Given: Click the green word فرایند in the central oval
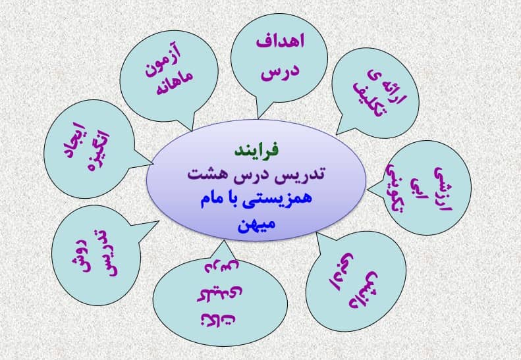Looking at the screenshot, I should (x=256, y=151).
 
